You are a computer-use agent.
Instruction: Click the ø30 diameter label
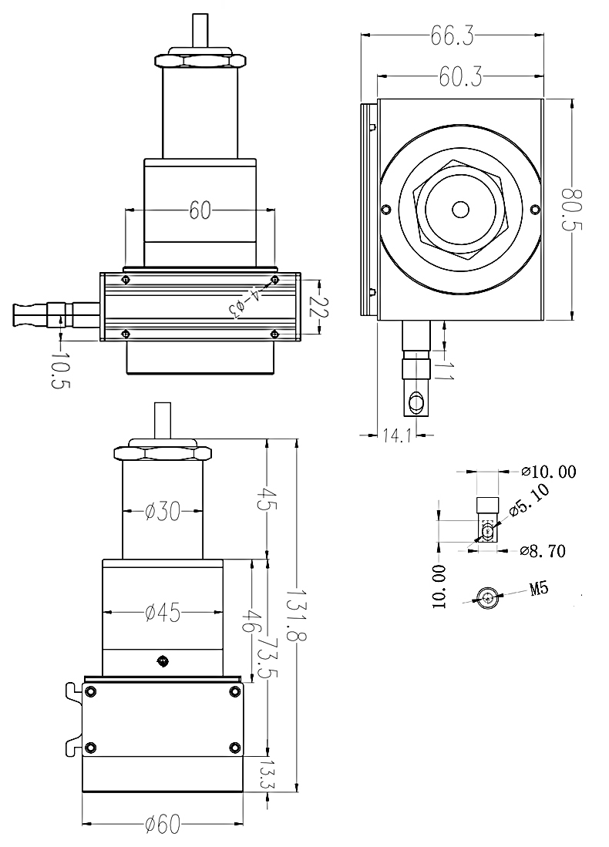(163, 511)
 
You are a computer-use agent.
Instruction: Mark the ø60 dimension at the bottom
(162, 825)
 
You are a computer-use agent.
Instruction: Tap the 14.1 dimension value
(395, 435)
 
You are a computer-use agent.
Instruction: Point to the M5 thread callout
(539, 590)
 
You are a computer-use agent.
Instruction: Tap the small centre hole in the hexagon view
(460, 209)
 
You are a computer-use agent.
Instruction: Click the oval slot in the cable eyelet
(417, 402)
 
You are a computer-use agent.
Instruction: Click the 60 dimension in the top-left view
(200, 210)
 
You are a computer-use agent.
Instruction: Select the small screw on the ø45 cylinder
(162, 660)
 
